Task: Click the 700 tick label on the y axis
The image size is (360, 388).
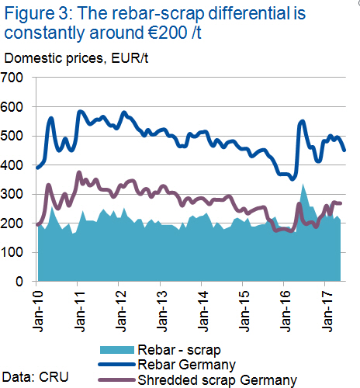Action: click(x=12, y=78)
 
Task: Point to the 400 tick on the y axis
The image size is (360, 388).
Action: click(x=12, y=165)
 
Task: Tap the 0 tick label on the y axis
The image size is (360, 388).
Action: click(x=19, y=281)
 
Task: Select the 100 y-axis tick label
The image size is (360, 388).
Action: click(x=12, y=252)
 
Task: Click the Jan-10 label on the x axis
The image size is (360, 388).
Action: click(x=38, y=311)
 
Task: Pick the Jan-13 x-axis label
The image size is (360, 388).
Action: click(x=162, y=311)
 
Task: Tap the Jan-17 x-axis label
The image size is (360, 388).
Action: click(x=327, y=311)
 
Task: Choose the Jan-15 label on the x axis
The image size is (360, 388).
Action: click(x=244, y=311)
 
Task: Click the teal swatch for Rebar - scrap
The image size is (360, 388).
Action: click(x=117, y=350)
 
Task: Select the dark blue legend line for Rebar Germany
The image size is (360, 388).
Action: click(x=117, y=365)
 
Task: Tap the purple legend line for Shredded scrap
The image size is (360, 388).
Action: click(x=117, y=380)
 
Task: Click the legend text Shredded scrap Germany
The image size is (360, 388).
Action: click(x=217, y=380)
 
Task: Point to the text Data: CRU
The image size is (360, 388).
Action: click(x=36, y=377)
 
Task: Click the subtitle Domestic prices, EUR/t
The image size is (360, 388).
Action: click(x=76, y=58)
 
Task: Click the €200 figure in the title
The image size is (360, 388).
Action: click(x=168, y=33)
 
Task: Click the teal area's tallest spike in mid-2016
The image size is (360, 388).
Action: click(x=303, y=184)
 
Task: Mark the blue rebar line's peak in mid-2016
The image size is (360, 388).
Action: click(x=302, y=121)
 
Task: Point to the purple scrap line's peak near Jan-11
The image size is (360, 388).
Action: click(x=79, y=172)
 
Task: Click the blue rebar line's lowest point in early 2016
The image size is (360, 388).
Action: click(x=292, y=179)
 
